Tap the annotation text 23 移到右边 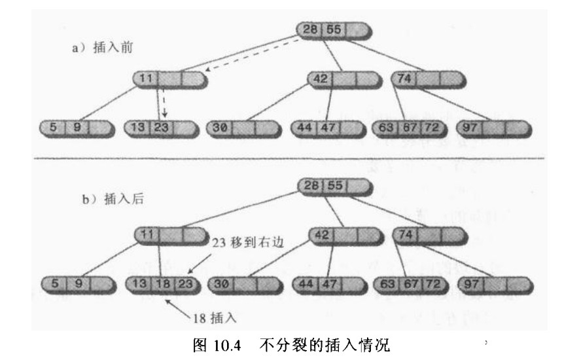(x=248, y=242)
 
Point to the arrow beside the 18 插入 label (x=178, y=308)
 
